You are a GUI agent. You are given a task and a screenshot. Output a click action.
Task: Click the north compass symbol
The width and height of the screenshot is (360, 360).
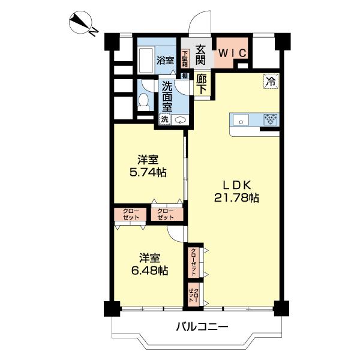tap(81, 23)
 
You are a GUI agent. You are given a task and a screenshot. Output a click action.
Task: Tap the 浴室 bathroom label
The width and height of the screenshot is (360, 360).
tap(165, 61)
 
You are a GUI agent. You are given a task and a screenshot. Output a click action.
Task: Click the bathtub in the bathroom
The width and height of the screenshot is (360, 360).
tap(146, 61)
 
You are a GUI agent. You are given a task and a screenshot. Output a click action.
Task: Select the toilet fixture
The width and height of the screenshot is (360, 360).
tap(144, 101)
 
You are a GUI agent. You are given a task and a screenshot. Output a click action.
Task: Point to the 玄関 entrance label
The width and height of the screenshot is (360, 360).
tap(200, 55)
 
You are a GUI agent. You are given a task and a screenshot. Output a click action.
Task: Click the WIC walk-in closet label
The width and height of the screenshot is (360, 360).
tap(232, 53)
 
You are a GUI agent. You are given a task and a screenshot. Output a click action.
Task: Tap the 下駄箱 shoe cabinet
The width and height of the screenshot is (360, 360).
tap(185, 59)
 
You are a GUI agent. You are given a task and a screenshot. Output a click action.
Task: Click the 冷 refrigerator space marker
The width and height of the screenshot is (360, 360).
tap(271, 81)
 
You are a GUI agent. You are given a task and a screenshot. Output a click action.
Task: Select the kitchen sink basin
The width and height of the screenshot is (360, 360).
tap(241, 120)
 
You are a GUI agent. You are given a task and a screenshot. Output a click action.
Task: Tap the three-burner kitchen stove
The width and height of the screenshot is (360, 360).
tap(271, 119)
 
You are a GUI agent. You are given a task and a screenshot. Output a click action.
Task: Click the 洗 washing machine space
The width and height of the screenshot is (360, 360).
tap(165, 119)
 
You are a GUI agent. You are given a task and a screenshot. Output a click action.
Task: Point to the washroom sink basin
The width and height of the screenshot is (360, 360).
tap(180, 120)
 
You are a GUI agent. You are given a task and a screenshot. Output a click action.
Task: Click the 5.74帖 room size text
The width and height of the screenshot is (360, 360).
tap(148, 172)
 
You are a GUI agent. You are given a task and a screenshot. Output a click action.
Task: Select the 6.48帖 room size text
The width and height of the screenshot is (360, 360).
tap(149, 271)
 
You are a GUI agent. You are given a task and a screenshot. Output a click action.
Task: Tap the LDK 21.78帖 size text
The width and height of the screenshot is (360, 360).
tap(236, 191)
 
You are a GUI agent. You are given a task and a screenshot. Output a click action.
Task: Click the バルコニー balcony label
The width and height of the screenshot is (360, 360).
tap(202, 326)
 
